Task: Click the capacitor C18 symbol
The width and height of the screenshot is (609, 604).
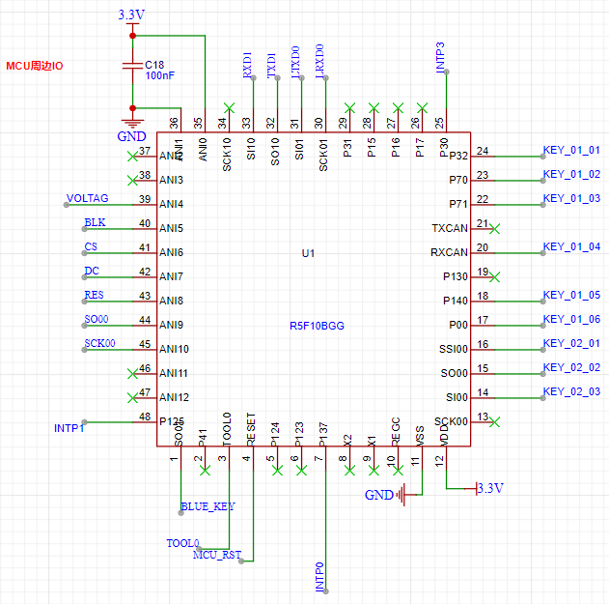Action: (x=132, y=66)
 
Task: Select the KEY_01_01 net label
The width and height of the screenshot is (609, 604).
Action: (x=571, y=150)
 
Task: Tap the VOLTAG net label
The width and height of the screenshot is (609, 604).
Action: (x=87, y=198)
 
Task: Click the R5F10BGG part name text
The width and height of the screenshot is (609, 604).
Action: (x=317, y=326)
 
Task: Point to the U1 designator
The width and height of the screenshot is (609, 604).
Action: (x=309, y=253)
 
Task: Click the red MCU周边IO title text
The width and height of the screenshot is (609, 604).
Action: (x=35, y=66)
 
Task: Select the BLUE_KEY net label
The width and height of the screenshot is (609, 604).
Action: (x=208, y=505)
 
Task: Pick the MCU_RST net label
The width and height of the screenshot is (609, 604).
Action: (x=218, y=555)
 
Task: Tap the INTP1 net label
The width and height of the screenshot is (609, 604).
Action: (x=69, y=427)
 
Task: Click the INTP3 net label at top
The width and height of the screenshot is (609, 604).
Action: (x=441, y=58)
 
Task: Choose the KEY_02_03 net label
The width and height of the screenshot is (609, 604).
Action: (x=571, y=391)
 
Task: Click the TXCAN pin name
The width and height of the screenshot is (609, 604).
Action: (x=450, y=228)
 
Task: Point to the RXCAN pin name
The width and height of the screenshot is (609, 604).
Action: (x=449, y=252)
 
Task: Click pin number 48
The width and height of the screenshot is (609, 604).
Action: (x=145, y=417)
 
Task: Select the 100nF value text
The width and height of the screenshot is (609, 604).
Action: (x=159, y=75)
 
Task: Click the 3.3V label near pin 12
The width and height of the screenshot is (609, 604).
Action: (x=490, y=489)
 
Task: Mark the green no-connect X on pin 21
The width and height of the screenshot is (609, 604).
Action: (x=495, y=229)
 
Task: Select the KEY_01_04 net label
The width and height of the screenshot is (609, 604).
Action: (x=571, y=246)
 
